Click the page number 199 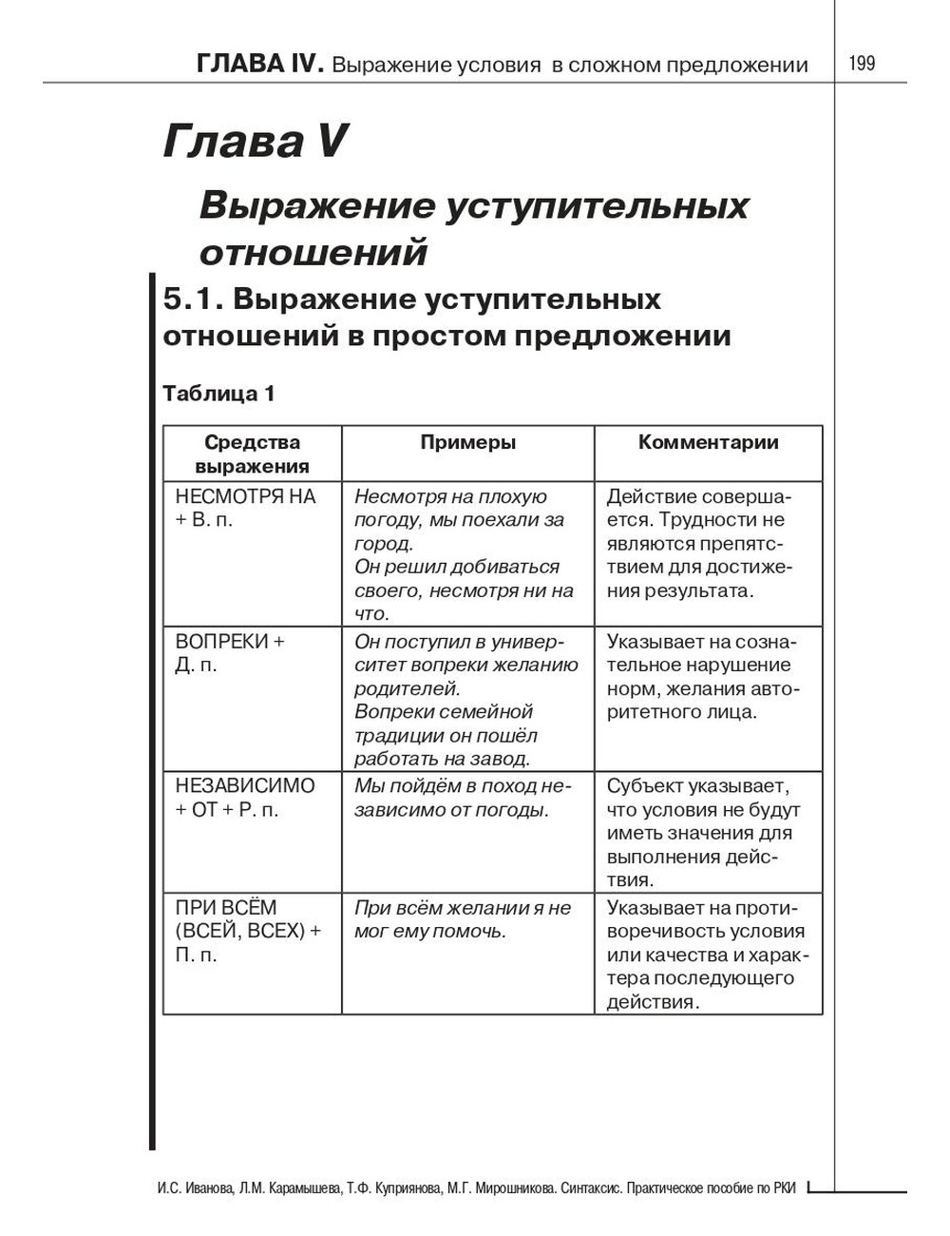862,64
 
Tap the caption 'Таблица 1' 219,394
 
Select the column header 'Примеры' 468,442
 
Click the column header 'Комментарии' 709,442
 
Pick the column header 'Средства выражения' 253,454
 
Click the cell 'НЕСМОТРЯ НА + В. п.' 245,508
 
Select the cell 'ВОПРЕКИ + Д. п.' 230,653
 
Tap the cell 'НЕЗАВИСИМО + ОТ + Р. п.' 245,798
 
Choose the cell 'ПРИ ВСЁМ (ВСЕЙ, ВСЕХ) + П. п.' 248,931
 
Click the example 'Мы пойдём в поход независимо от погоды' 463,798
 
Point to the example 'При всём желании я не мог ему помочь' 463,919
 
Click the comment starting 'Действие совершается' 699,543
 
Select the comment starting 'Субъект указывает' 703,833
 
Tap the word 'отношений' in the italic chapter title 313,253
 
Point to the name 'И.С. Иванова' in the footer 195,1189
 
